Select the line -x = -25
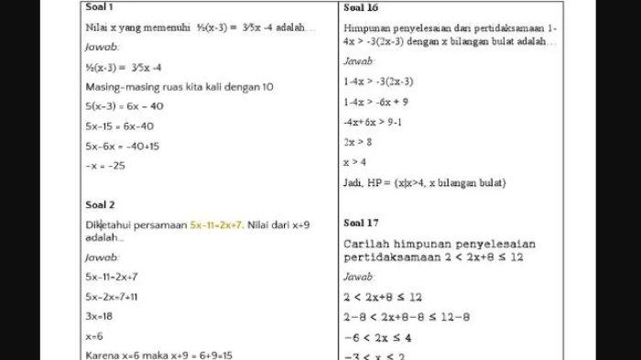coord(107,165)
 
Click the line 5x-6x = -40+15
coord(123,146)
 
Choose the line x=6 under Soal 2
coord(93,335)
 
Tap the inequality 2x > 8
coord(359,142)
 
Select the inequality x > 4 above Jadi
coord(355,162)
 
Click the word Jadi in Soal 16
coord(354,182)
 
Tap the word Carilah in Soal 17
coord(369,244)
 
